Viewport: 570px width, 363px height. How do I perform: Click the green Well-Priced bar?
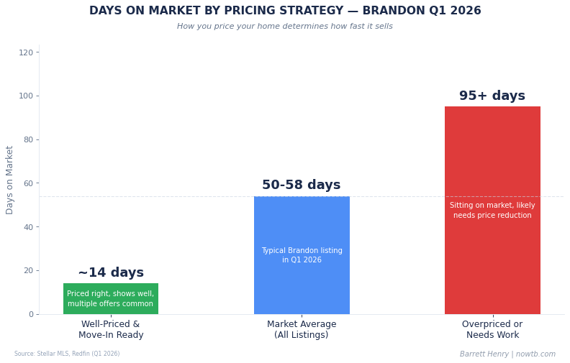click(x=111, y=298)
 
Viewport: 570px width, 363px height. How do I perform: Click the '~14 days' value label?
click(x=111, y=273)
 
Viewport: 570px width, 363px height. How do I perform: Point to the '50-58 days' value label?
click(x=302, y=185)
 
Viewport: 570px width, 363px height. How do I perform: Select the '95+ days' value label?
click(x=492, y=96)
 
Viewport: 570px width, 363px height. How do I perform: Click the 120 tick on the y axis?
click(x=26, y=52)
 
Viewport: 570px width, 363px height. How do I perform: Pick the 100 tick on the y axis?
click(x=26, y=96)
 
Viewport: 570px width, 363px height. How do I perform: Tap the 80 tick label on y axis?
click(x=27, y=139)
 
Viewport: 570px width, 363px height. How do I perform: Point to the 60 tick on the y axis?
click(x=27, y=183)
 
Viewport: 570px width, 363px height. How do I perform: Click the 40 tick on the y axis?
click(x=27, y=227)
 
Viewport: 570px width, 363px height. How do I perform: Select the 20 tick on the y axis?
click(x=27, y=270)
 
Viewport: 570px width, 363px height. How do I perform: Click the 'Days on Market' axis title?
click(x=10, y=180)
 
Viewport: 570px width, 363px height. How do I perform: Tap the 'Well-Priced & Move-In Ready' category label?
click(x=111, y=330)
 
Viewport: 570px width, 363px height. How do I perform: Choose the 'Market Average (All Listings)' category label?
click(x=302, y=330)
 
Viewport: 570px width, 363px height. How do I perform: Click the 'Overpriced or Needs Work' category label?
click(x=492, y=330)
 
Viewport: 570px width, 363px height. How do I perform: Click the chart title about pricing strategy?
click(x=285, y=12)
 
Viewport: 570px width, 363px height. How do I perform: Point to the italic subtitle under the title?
click(x=285, y=27)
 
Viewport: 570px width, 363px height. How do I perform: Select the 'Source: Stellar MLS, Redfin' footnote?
click(x=67, y=354)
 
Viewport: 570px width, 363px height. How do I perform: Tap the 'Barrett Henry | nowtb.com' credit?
click(x=507, y=354)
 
